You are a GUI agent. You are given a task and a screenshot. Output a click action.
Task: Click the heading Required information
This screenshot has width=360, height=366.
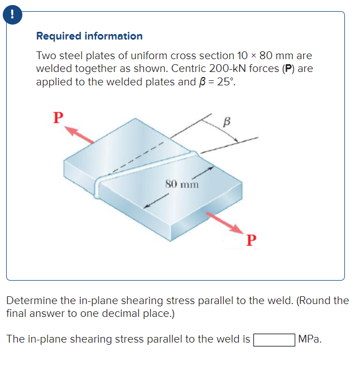tap(89, 36)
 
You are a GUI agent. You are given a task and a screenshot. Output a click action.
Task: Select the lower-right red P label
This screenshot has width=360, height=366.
tap(251, 240)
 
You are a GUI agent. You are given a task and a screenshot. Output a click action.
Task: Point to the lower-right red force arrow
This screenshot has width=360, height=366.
tap(223, 222)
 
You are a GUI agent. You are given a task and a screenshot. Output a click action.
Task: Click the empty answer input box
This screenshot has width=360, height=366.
tap(274, 339)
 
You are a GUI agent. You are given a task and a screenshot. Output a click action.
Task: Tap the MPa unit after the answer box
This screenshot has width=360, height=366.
tap(310, 339)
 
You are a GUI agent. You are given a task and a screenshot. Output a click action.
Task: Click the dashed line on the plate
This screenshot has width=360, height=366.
tap(134, 158)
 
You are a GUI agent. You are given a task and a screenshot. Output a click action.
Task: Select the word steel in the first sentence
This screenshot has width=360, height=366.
tap(74, 56)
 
